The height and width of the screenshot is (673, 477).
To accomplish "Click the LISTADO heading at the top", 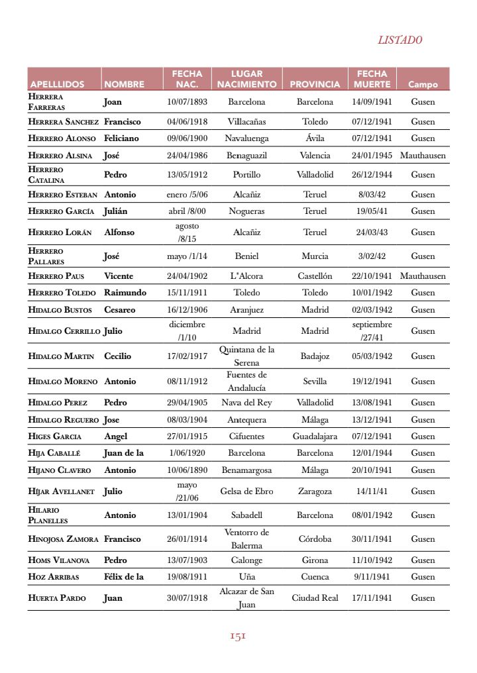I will (399, 40).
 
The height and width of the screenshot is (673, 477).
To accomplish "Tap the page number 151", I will (238, 636).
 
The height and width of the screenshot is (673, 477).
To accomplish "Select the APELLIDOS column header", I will (57, 84).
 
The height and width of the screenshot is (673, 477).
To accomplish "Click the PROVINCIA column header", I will (315, 84).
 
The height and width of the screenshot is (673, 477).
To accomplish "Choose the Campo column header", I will (423, 84).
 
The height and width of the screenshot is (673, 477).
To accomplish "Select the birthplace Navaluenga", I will (246, 138).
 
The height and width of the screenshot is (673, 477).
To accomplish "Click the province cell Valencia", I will (315, 156).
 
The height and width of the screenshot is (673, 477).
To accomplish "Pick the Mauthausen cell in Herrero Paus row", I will (423, 276).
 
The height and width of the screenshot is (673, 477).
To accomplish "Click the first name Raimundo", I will (125, 293).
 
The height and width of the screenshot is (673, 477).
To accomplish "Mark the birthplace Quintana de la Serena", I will (246, 356).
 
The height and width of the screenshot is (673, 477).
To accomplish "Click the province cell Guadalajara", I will (315, 437).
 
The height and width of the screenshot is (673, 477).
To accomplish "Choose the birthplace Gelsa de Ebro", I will (246, 492).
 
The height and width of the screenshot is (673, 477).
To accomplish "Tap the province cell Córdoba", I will (315, 539).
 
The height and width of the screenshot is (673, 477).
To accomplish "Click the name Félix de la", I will (124, 577).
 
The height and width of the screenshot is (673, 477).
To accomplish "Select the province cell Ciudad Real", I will (315, 598).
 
